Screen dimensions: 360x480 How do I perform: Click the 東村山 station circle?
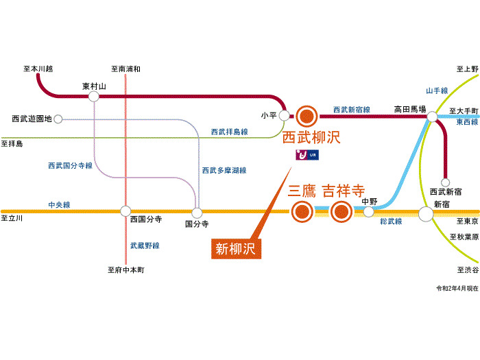[94, 97]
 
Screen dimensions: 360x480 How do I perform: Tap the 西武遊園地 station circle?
[58, 119]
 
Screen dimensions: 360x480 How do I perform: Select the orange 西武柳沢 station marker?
[306, 116]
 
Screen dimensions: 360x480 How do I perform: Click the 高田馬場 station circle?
[431, 117]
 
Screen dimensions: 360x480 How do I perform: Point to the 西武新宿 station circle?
[446, 182]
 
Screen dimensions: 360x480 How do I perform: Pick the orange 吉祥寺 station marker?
[341, 213]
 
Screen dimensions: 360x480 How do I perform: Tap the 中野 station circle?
[370, 212]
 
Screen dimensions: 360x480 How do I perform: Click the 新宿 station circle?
[426, 213]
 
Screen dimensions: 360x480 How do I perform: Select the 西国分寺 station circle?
[125, 211]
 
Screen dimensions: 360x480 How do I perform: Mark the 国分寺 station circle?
[197, 212]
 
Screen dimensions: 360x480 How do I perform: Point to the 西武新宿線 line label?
[352, 110]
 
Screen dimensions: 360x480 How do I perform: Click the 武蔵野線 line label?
[145, 245]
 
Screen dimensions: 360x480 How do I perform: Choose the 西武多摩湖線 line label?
[224, 170]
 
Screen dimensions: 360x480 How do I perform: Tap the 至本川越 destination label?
[38, 69]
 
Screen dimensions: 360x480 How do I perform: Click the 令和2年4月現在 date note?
[456, 289]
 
